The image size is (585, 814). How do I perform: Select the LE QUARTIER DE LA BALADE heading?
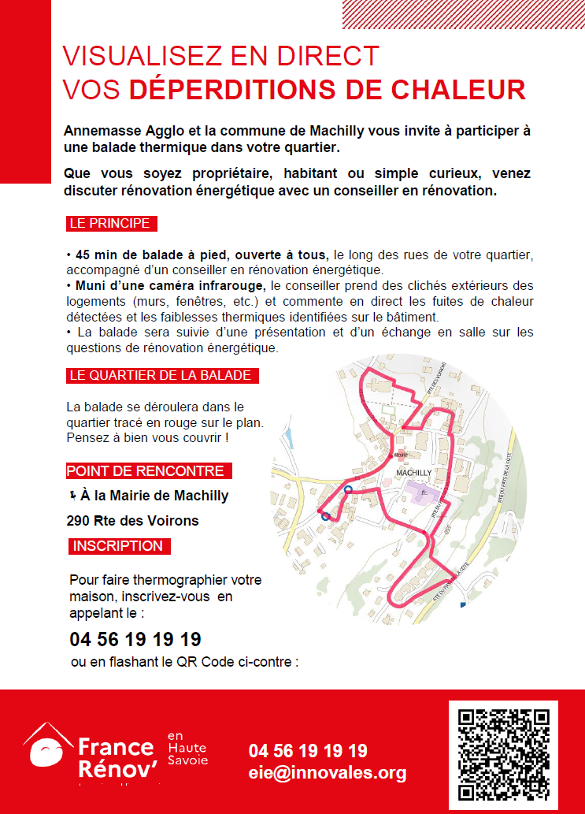click(161, 375)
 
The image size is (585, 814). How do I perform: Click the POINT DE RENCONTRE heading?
click(145, 471)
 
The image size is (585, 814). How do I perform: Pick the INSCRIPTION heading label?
click(117, 545)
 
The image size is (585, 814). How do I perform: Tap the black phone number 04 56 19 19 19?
click(135, 638)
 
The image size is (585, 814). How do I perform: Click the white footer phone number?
click(308, 751)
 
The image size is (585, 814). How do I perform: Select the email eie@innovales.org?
click(327, 772)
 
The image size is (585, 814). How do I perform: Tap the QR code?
click(503, 754)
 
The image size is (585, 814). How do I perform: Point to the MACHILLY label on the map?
click(413, 473)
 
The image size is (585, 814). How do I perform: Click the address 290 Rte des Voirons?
click(133, 520)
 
